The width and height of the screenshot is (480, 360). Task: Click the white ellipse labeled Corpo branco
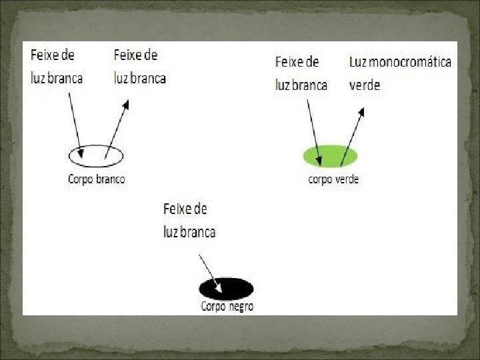[96, 156]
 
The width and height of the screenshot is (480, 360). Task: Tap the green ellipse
[330, 156]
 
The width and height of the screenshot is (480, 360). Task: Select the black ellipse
[227, 289]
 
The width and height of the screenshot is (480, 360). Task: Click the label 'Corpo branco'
[96, 179]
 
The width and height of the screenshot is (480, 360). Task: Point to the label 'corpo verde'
[333, 179]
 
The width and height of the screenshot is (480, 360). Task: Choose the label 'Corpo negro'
[227, 307]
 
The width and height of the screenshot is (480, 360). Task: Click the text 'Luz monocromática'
[400, 62]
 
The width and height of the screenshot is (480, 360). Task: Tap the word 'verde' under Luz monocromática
[365, 85]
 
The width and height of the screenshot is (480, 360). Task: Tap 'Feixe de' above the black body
[185, 209]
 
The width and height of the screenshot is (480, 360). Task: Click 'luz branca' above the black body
[189, 232]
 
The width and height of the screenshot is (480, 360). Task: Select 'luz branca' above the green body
[301, 85]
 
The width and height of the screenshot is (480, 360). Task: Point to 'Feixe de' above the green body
[297, 62]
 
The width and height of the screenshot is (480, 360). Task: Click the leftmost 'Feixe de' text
[53, 55]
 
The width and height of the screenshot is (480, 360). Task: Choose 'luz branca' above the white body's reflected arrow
[140, 78]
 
